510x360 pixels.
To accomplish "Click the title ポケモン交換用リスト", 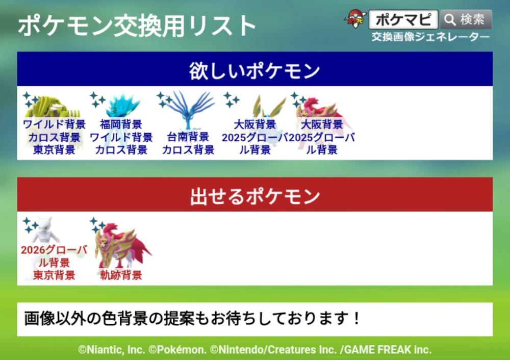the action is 137,25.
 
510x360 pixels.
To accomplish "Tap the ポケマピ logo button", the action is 403,19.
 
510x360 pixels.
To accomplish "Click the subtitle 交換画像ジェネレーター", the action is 430,37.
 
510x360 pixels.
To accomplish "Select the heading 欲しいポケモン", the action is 254,70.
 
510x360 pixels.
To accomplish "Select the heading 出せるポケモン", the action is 254,196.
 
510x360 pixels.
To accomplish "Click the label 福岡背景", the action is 121,124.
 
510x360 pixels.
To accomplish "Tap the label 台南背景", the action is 188,137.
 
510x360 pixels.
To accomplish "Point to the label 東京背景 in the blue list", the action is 54,149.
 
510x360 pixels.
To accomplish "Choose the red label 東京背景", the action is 54,275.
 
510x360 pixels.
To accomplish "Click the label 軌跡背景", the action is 121,275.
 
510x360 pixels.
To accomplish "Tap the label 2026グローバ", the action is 54,250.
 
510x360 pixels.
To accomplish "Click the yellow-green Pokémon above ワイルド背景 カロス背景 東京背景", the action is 53,107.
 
